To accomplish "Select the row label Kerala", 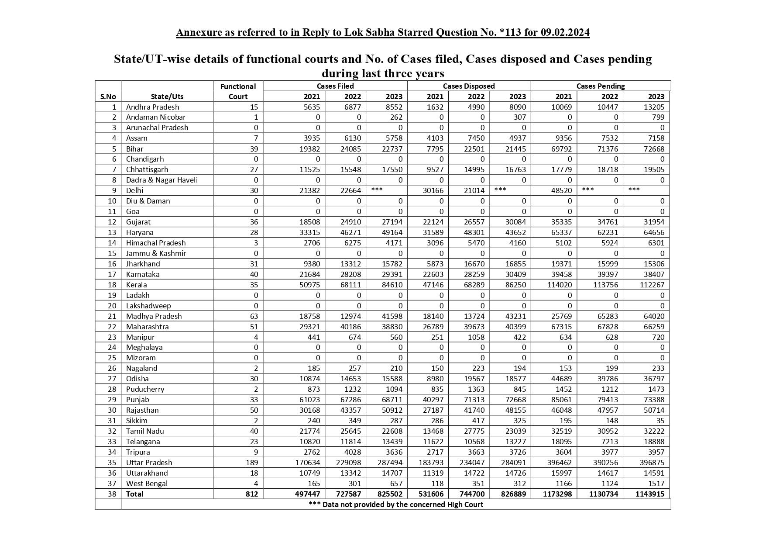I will pyautogui.click(x=136, y=285).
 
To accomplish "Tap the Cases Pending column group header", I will pyautogui.click(x=600, y=86).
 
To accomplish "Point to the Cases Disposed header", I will pyautogui.click(x=468, y=86).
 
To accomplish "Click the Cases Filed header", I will pyautogui.click(x=335, y=86).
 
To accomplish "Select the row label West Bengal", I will pyautogui.click(x=147, y=483).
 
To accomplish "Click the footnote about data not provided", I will pyautogui.click(x=395, y=504).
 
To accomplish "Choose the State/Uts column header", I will pyautogui.click(x=167, y=97).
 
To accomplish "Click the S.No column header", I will pyautogui.click(x=108, y=97).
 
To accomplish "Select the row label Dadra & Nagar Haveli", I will pyautogui.click(x=161, y=180).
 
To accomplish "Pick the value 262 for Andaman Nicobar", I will pyautogui.click(x=396, y=117).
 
